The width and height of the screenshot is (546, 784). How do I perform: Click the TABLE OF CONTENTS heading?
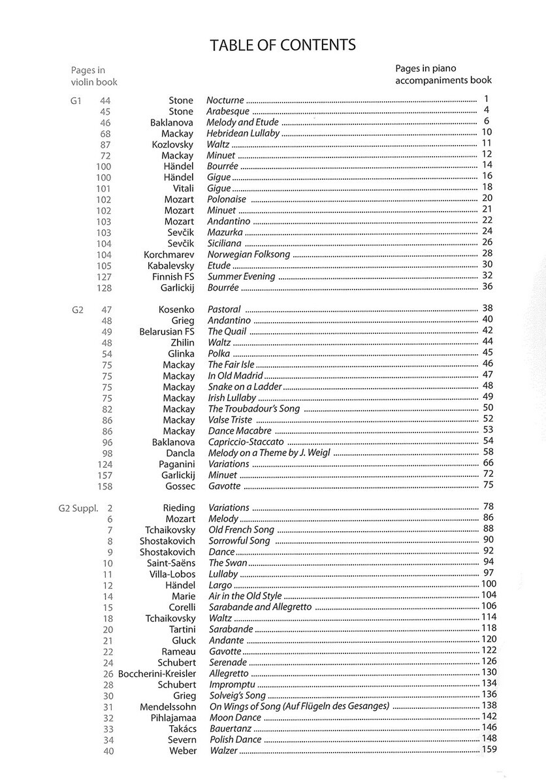(x=282, y=45)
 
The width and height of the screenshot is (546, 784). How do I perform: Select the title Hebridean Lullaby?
(x=243, y=133)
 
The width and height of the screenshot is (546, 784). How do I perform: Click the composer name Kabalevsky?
(x=169, y=266)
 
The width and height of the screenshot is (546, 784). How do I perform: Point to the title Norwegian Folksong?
(x=249, y=254)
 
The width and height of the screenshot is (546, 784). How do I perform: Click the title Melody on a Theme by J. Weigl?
(x=270, y=453)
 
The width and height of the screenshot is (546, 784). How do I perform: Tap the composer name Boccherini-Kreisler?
(x=156, y=673)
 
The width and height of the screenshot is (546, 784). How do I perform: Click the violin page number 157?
(x=104, y=475)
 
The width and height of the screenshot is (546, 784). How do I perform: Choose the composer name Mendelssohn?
(x=167, y=706)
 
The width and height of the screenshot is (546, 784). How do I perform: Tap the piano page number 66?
(x=487, y=463)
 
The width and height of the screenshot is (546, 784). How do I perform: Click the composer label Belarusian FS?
(x=167, y=331)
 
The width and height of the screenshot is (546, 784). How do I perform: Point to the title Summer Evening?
(x=241, y=276)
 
